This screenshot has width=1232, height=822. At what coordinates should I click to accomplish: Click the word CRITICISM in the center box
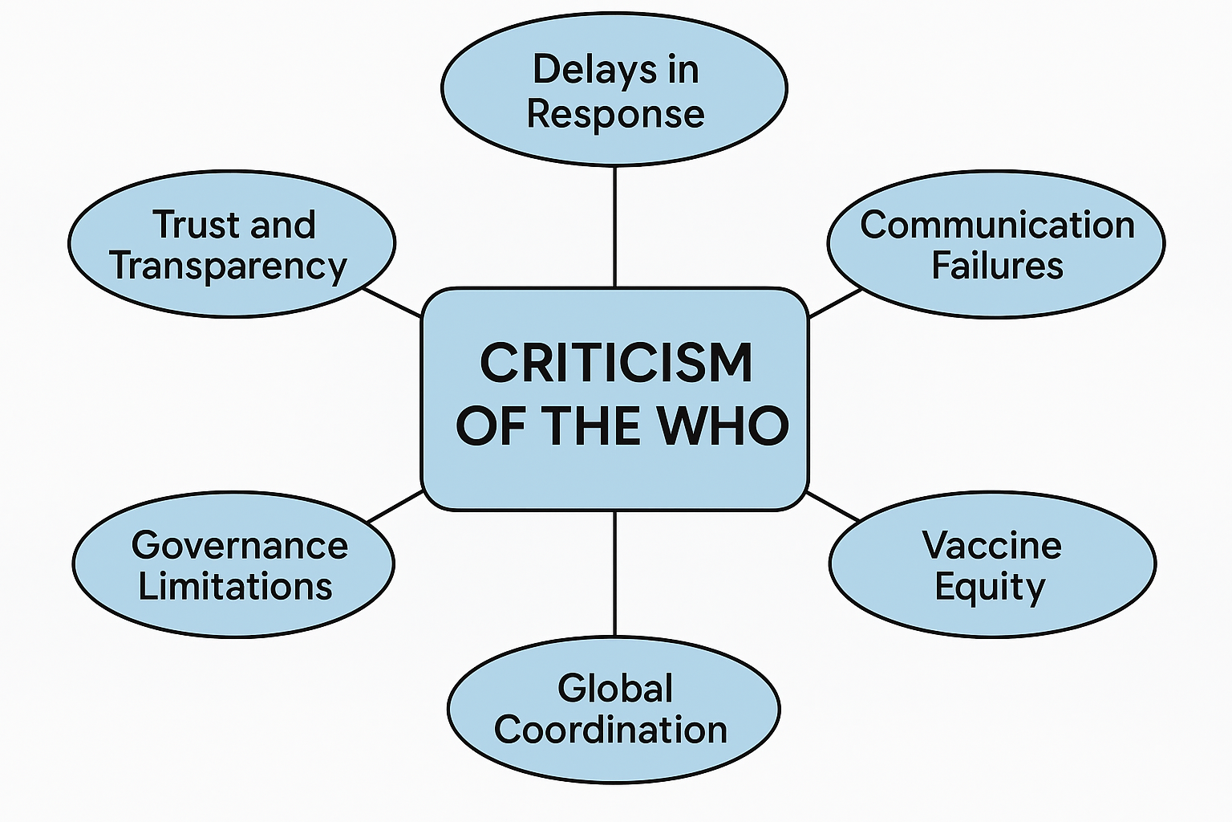[x=616, y=363]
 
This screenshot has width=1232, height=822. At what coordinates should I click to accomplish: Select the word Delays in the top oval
[x=583, y=69]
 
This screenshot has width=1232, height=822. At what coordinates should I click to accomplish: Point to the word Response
[x=615, y=114]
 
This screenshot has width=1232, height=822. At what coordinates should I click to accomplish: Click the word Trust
[x=197, y=225]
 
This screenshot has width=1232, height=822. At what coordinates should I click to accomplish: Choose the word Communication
[x=997, y=225]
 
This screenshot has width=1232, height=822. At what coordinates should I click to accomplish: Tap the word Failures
[x=997, y=266]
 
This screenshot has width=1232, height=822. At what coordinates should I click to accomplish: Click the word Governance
[x=240, y=546]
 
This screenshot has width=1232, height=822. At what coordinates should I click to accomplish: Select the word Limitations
[x=235, y=587]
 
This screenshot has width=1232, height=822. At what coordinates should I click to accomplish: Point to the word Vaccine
[x=992, y=546]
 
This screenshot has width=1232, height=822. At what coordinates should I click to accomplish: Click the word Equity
[x=991, y=588]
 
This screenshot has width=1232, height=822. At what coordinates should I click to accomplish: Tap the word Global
[x=615, y=689]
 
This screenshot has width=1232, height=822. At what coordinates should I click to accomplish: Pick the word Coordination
[x=610, y=730]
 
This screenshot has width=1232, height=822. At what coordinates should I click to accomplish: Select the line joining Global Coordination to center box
[x=615, y=573]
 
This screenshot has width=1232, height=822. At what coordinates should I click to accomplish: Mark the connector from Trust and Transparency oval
[x=393, y=303]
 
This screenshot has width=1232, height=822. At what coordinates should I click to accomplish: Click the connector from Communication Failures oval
[x=835, y=303]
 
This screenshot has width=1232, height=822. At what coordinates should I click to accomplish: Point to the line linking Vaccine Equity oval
[x=833, y=507]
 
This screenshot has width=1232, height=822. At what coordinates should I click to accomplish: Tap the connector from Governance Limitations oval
[x=395, y=507]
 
